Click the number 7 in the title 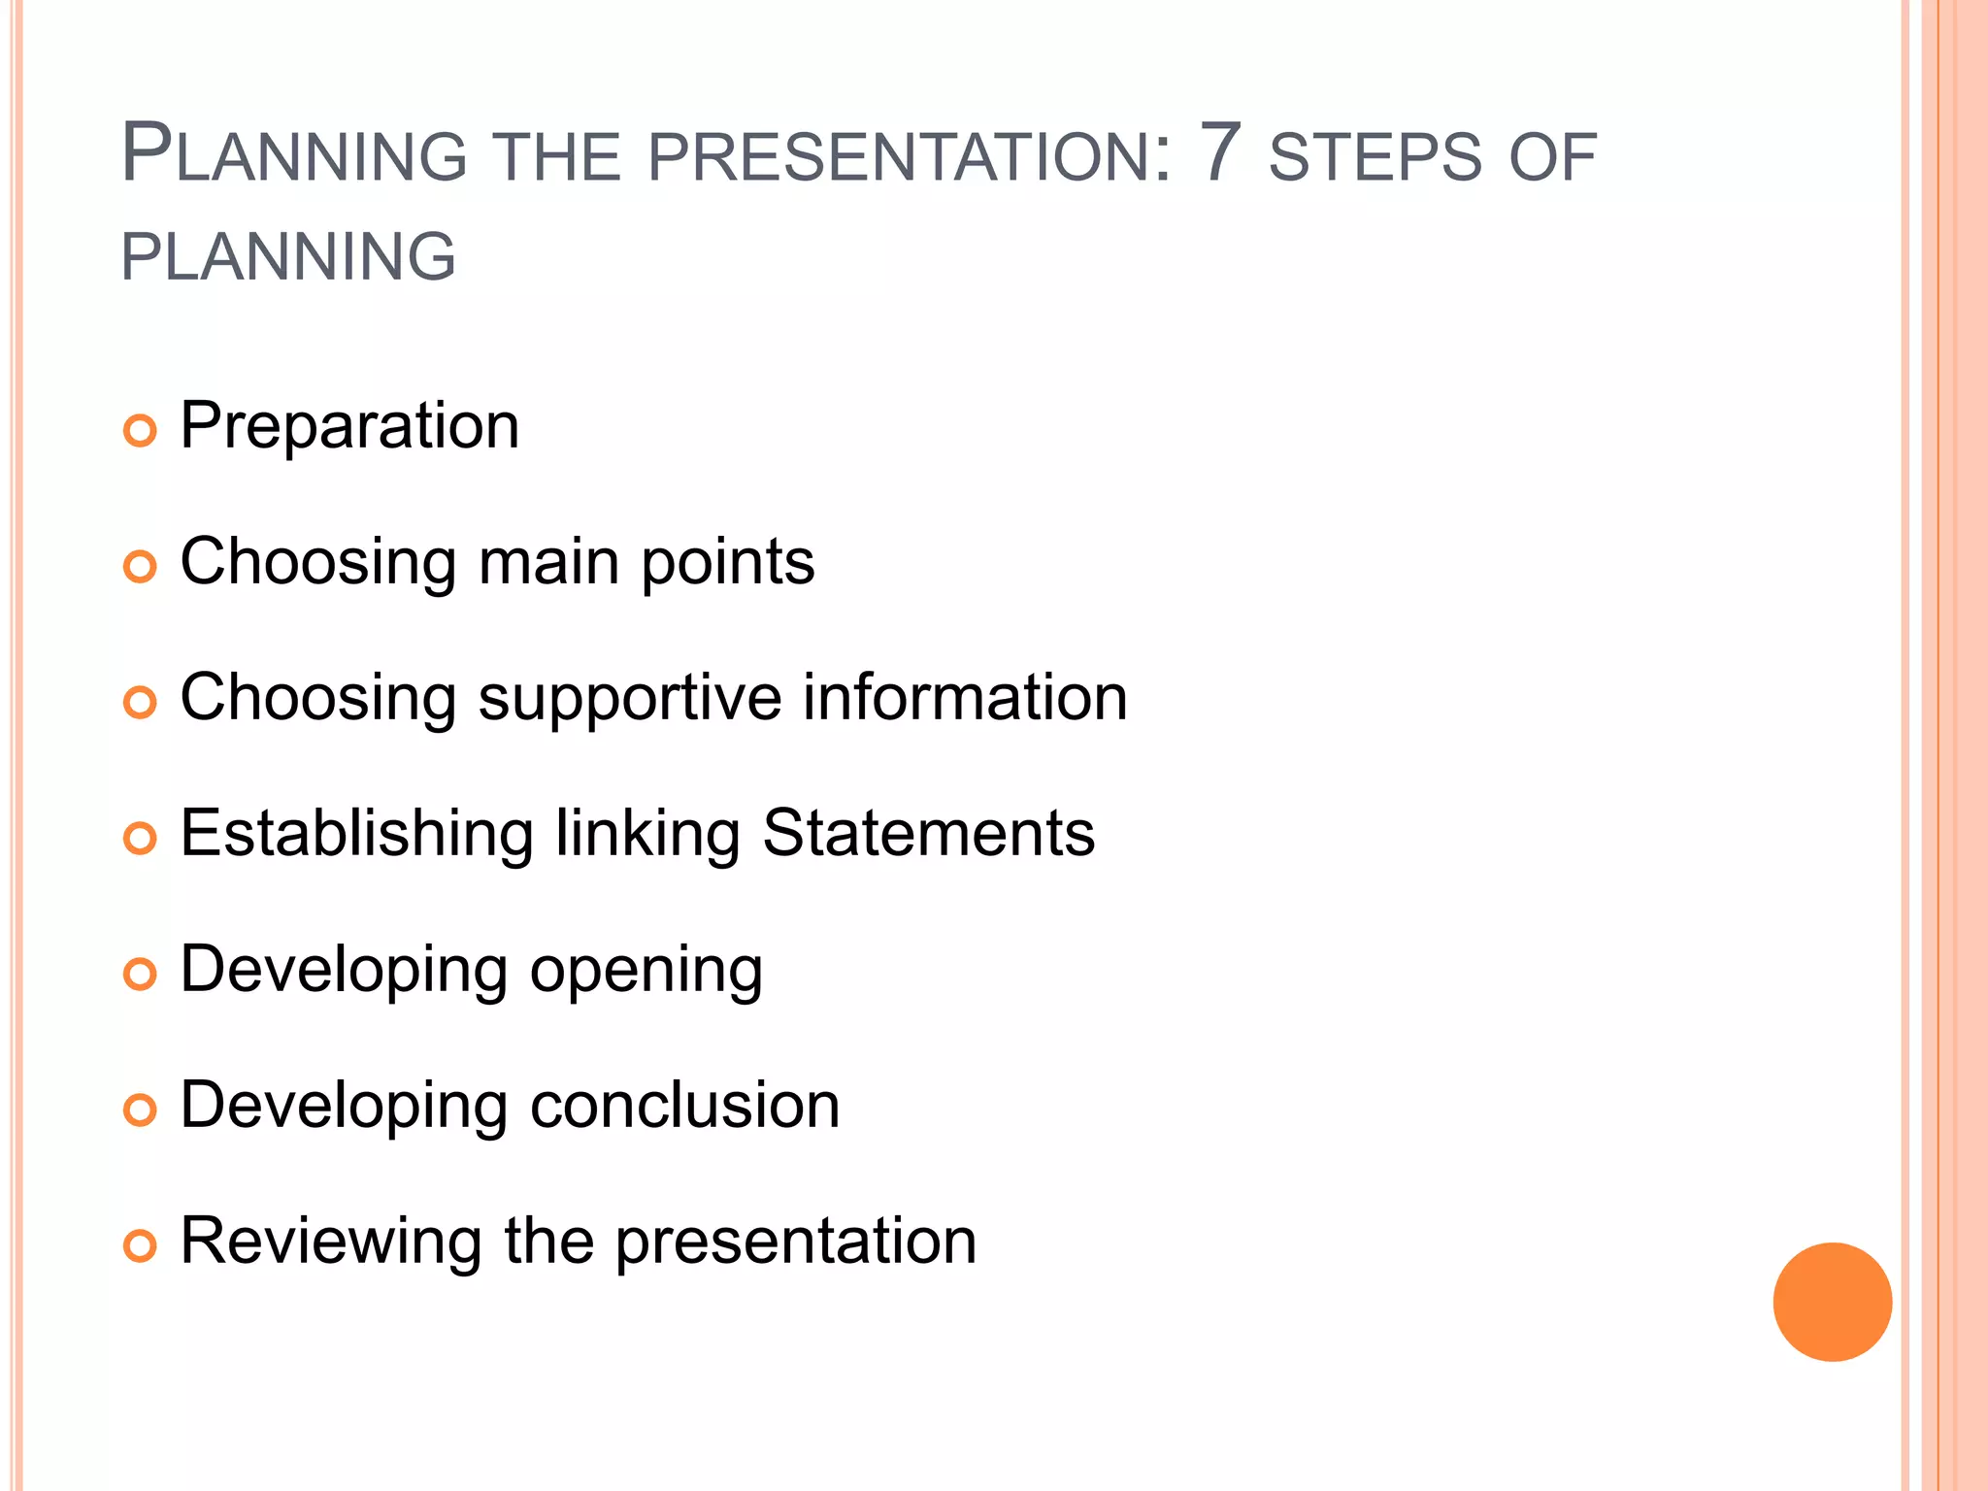[1220, 153]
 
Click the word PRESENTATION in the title [909, 158]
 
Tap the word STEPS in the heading [1375, 158]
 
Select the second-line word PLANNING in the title [288, 257]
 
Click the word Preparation [349, 427]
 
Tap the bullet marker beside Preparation [140, 430]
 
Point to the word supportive [629, 699]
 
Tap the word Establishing [356, 835]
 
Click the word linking [647, 835]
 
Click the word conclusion [684, 1106]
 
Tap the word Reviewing [331, 1242]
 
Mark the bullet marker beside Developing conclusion [140, 1110]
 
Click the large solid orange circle [1832, 1302]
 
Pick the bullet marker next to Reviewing [140, 1245]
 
